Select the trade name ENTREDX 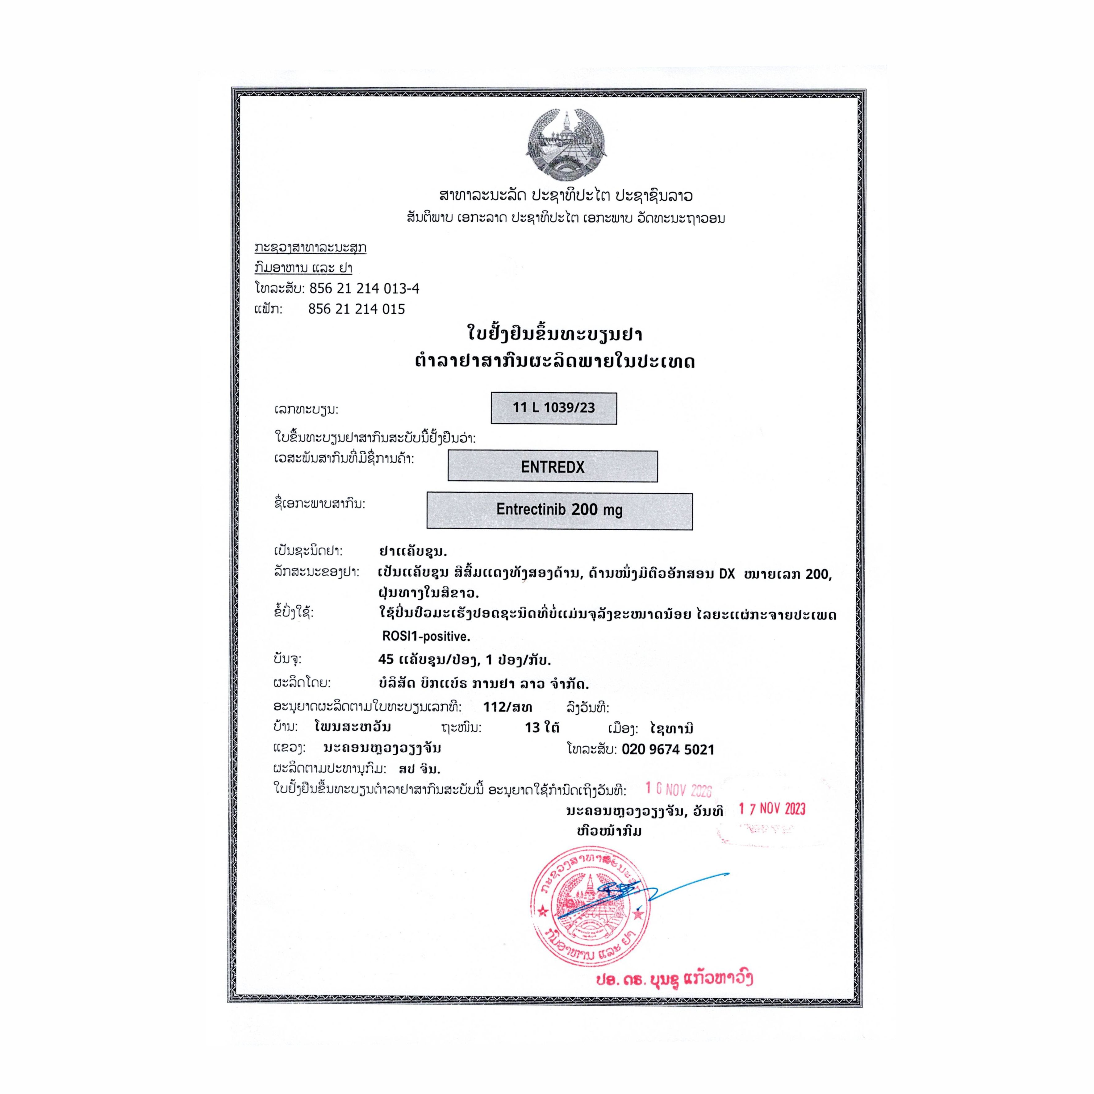553,467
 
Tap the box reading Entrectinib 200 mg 559,510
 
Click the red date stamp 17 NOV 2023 772,808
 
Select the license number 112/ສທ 507,707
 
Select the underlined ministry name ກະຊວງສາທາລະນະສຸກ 310,248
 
